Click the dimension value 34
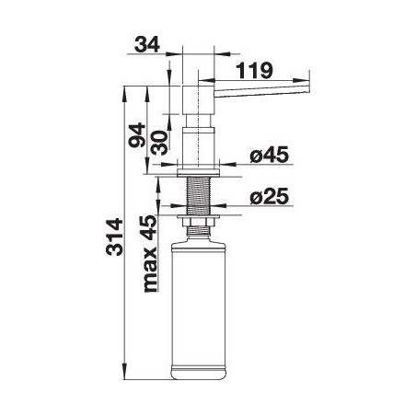tap(147, 44)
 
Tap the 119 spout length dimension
tap(255, 71)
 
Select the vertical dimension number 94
tap(137, 135)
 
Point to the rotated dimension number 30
tap(160, 143)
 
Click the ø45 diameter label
tap(270, 155)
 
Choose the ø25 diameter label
tap(270, 196)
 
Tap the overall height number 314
tap(114, 237)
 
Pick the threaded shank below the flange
tap(199, 195)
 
